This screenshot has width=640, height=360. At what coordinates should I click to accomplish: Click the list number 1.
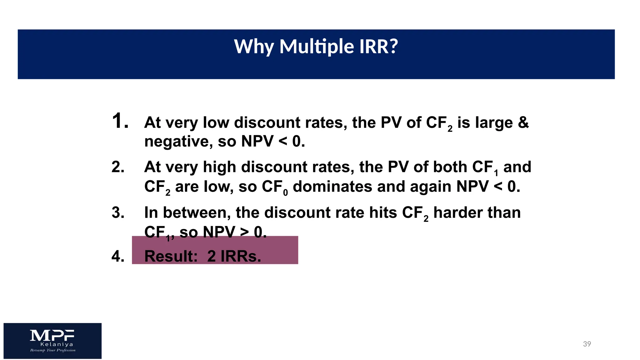[120, 121]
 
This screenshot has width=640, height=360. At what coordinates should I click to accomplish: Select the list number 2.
[118, 167]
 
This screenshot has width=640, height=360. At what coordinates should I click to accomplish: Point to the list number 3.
[118, 213]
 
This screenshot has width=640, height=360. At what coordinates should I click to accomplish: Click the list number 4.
[118, 256]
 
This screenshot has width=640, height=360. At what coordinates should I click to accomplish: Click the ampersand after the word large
[523, 122]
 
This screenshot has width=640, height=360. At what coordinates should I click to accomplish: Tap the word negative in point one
[178, 142]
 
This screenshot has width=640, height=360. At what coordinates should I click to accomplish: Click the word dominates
[332, 187]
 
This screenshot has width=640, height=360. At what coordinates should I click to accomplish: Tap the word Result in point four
[171, 256]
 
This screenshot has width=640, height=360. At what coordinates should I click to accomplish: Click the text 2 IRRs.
[234, 256]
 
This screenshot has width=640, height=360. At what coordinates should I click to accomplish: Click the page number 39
[587, 344]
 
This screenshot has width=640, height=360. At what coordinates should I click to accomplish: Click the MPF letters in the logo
[52, 336]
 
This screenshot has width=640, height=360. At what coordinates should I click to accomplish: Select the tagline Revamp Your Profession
[53, 350]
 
